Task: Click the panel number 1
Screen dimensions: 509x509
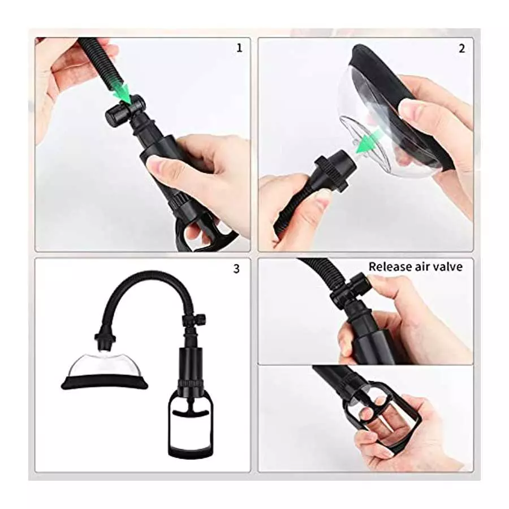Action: click(239, 48)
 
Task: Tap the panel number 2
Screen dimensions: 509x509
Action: click(461, 48)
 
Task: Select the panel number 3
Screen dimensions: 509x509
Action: click(236, 269)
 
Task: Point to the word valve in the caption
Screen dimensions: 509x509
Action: click(448, 266)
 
